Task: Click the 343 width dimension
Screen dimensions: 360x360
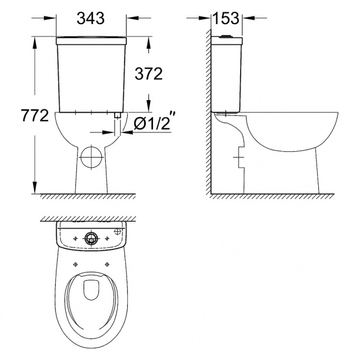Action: point(91,18)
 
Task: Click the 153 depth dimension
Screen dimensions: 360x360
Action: point(226,18)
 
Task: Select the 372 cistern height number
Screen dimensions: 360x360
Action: point(149,74)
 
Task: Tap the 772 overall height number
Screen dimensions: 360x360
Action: point(35,115)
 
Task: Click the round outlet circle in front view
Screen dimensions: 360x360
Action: point(91,157)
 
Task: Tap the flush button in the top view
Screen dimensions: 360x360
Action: point(91,238)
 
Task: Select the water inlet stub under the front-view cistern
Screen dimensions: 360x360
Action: point(117,115)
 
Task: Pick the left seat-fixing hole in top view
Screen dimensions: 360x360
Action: point(75,265)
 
